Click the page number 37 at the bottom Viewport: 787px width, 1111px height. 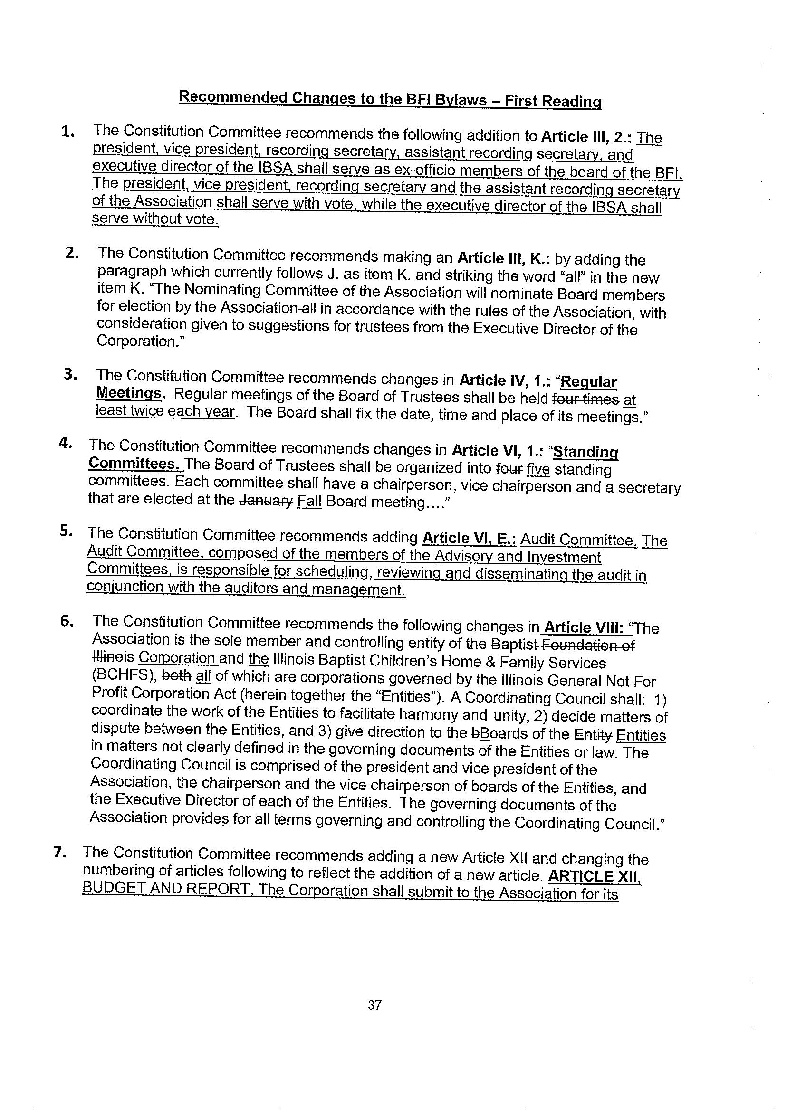point(374,1006)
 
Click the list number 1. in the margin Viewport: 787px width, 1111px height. point(67,132)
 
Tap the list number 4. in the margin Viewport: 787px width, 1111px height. point(66,444)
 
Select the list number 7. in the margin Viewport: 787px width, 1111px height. point(60,853)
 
